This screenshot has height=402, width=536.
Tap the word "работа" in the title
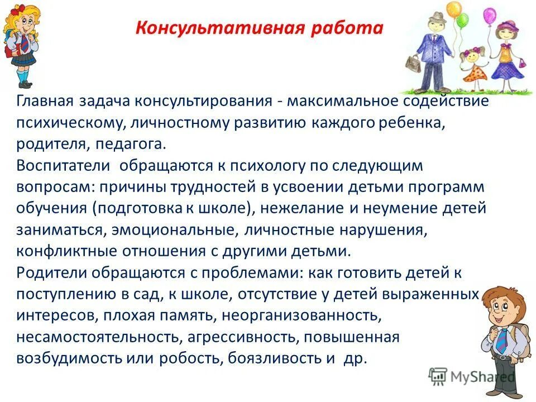355,28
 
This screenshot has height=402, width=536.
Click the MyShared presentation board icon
438,376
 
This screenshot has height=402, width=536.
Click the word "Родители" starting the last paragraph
52,273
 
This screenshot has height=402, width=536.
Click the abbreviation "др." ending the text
356,358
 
